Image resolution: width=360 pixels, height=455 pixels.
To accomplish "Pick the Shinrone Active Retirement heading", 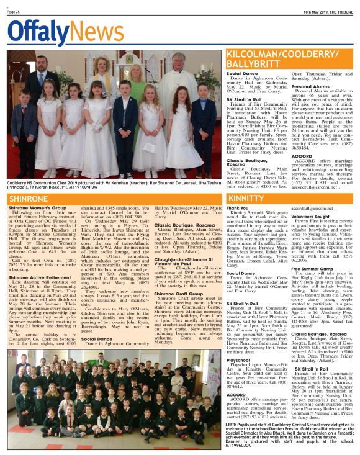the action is [38, 261].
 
